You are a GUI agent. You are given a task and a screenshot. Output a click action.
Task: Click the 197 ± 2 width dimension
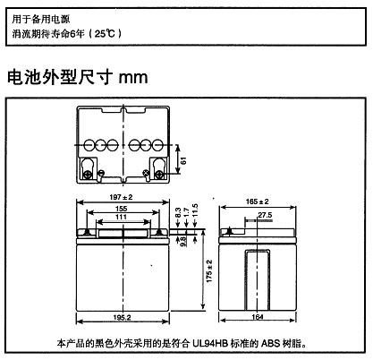click(x=121, y=197)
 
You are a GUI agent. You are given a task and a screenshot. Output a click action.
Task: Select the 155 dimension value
click(x=122, y=209)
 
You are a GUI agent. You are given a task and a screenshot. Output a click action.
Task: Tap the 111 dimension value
click(x=122, y=217)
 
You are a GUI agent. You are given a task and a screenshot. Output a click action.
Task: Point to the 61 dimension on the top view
click(x=183, y=160)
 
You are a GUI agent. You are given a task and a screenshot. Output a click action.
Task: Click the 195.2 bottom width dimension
click(x=122, y=317)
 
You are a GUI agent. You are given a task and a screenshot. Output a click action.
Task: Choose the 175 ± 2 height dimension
click(x=209, y=271)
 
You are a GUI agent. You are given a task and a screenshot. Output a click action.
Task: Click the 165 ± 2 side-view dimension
click(x=258, y=201)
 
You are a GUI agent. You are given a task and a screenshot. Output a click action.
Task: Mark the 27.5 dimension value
click(x=265, y=215)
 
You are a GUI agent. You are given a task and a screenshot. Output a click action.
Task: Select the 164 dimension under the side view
click(x=258, y=317)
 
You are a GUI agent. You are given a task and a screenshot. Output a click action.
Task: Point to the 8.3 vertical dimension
click(x=178, y=212)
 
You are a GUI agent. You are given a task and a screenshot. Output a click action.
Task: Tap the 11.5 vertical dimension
click(x=195, y=210)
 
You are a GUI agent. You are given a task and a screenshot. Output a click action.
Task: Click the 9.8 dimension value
click(x=183, y=241)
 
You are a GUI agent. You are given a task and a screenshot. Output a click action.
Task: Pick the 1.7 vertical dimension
click(x=186, y=212)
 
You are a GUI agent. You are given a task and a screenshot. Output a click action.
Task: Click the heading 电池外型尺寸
click(x=60, y=77)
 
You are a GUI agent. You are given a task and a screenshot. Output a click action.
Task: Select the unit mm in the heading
click(x=133, y=78)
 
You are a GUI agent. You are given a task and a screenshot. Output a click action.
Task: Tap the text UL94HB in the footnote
click(x=210, y=343)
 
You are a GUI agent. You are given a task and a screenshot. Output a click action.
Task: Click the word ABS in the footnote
click(x=271, y=343)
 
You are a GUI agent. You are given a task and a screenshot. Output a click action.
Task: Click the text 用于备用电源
click(x=41, y=19)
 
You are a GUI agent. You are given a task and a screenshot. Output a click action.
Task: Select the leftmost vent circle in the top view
click(x=89, y=145)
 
